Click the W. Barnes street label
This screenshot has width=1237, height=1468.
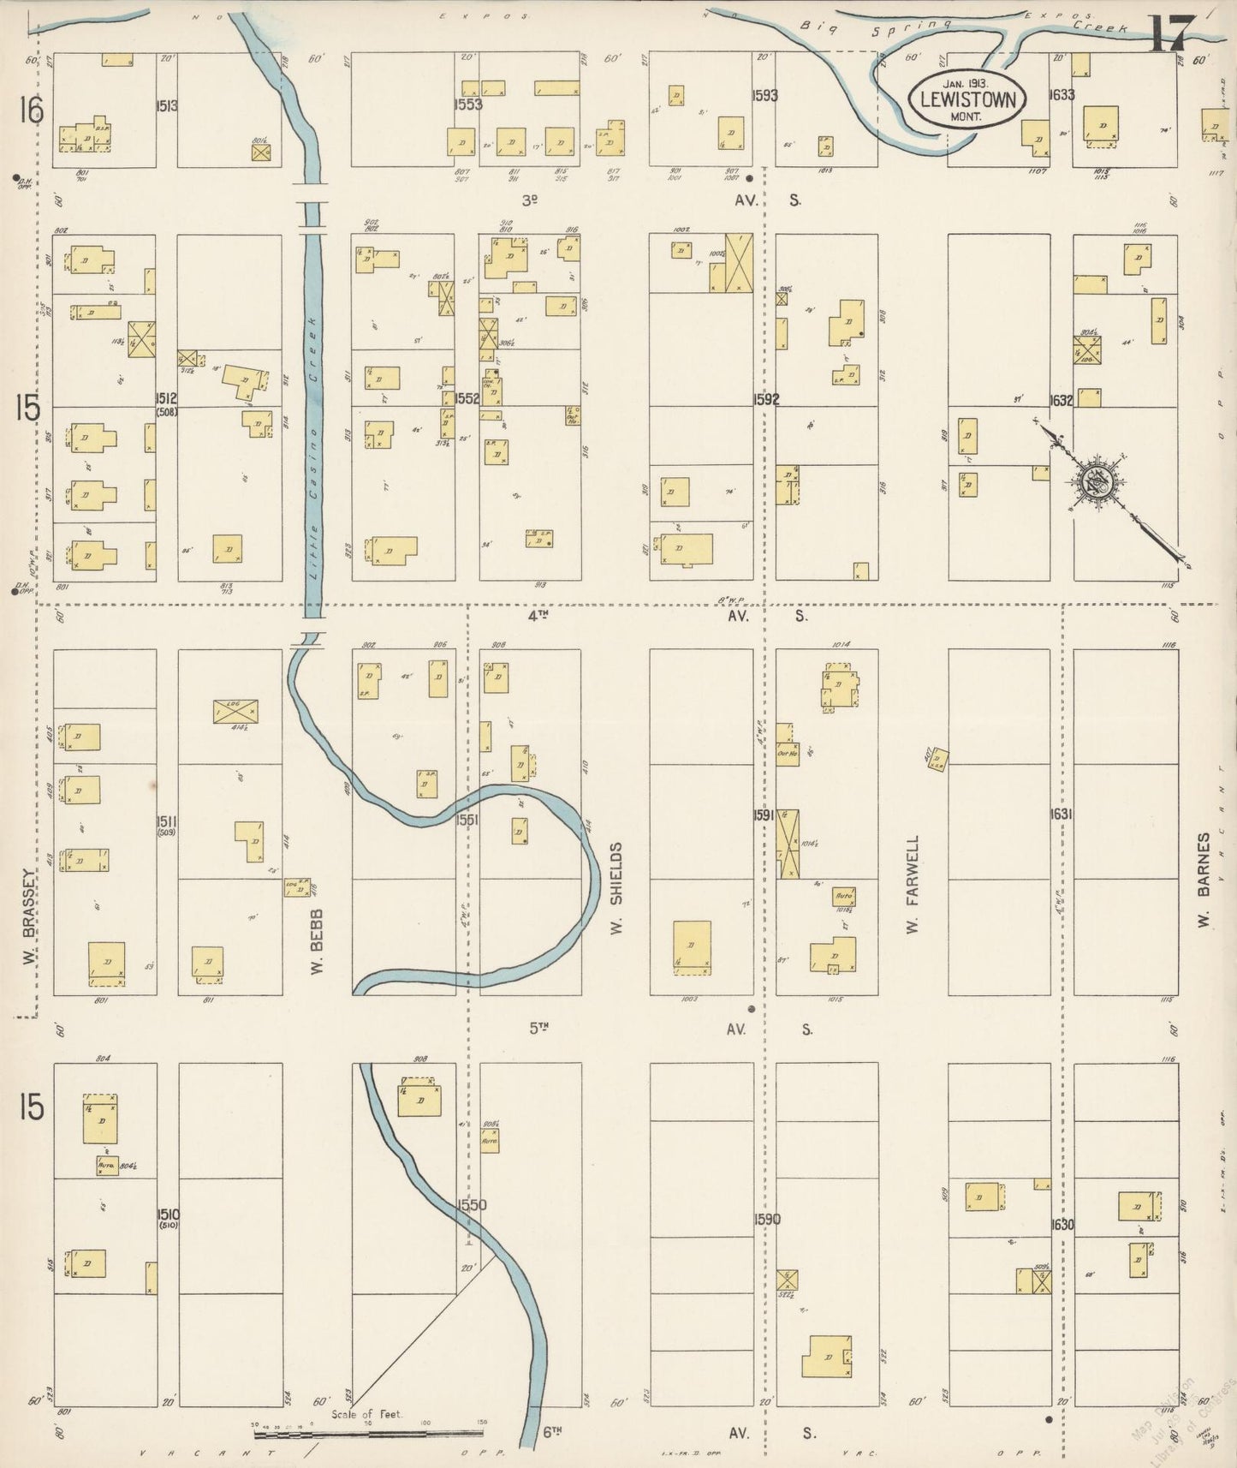[1204, 882]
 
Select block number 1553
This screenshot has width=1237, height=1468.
[469, 104]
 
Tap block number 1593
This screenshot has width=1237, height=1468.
[764, 95]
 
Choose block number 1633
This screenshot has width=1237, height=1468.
[1062, 95]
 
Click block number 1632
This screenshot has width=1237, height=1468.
[1062, 399]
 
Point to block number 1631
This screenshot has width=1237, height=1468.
[1062, 814]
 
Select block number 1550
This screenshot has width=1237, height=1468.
[472, 1204]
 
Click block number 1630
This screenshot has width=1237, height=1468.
[1062, 1225]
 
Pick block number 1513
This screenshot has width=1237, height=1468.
[167, 106]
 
